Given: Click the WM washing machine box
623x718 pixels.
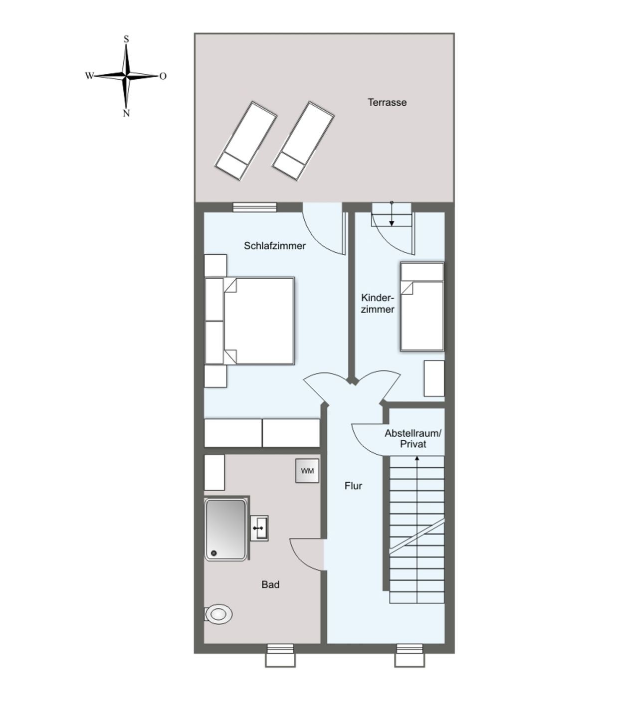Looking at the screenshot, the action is (307, 471).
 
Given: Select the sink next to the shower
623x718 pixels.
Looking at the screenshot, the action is (259, 528).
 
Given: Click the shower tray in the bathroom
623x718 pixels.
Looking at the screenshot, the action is (225, 530).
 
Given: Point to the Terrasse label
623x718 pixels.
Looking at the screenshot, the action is (387, 103).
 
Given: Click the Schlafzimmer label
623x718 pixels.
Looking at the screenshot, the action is (274, 246).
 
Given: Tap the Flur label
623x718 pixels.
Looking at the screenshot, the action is (353, 486).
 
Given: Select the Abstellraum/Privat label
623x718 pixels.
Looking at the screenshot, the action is (413, 438).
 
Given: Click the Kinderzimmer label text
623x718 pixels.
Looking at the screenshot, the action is (378, 304).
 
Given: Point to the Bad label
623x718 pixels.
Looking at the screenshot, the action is (270, 584).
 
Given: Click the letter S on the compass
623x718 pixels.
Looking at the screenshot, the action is (126, 39).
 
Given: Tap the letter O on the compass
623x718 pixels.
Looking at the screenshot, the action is (163, 76).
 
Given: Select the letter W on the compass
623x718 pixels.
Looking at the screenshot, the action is (89, 75).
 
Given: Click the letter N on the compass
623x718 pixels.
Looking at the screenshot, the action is (126, 113).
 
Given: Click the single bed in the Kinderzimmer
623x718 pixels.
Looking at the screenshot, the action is (422, 307).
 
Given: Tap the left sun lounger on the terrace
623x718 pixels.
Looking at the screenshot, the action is (245, 141).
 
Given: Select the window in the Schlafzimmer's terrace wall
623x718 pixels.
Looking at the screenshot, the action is (255, 207).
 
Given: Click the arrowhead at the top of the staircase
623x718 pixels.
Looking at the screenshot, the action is (416, 458).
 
